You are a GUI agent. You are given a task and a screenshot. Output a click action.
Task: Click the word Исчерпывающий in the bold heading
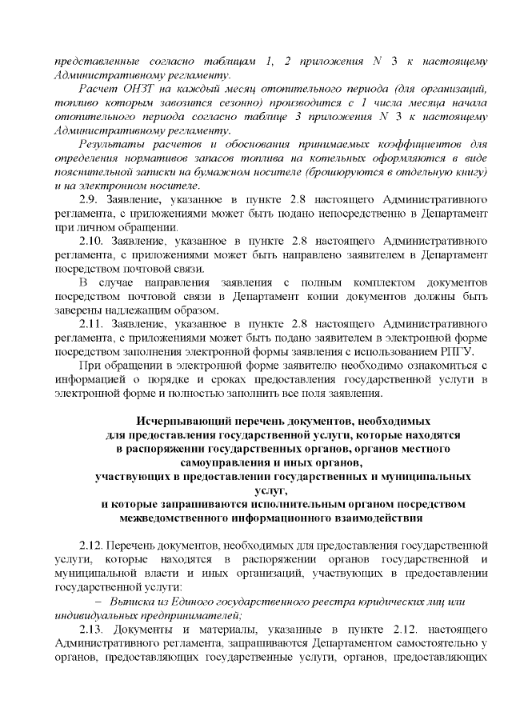175,420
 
